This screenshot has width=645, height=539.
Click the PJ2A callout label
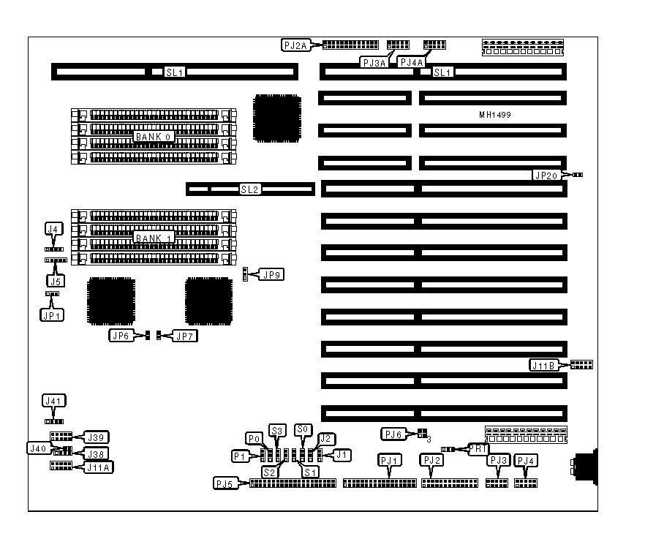pyautogui.click(x=296, y=45)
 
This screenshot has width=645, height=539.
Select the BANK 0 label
pyautogui.click(x=152, y=137)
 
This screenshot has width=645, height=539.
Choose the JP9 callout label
pyautogui.click(x=272, y=275)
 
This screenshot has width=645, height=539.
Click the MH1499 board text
pyautogui.click(x=494, y=116)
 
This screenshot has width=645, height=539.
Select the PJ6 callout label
pyautogui.click(x=393, y=434)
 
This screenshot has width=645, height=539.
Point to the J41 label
pyautogui.click(x=53, y=401)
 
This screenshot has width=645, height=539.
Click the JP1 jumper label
pyautogui.click(x=51, y=314)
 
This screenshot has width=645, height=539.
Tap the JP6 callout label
pyautogui.click(x=121, y=336)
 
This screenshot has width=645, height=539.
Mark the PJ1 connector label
pyautogui.click(x=390, y=461)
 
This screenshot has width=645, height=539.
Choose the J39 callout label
pyautogui.click(x=97, y=437)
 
